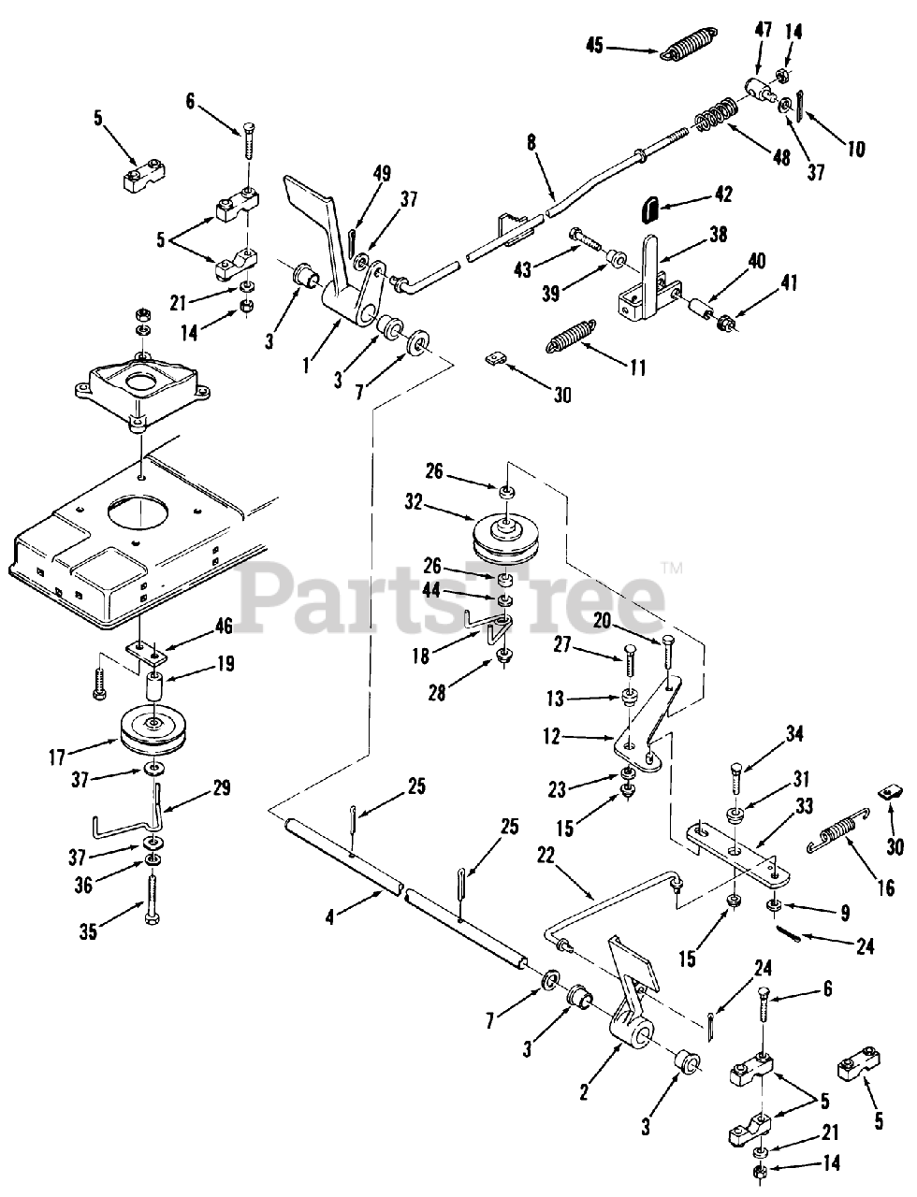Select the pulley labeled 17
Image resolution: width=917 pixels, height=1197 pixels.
coord(151,728)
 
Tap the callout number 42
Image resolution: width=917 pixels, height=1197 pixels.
coord(722,195)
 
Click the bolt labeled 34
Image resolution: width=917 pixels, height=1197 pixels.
coord(733,781)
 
